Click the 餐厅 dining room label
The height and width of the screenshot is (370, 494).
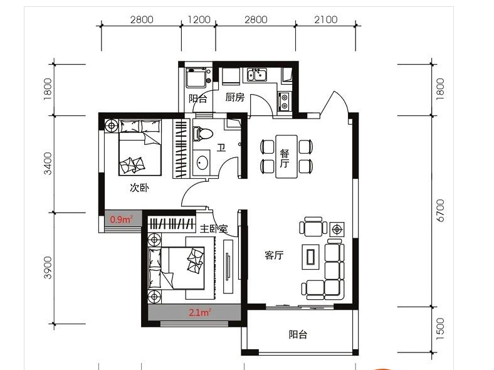click(x=285, y=159)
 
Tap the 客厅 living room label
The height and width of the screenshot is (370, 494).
click(x=274, y=255)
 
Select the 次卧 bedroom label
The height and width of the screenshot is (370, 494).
click(x=139, y=188)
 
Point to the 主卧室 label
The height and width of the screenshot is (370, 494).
click(x=214, y=228)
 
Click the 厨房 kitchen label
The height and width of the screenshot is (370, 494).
click(x=235, y=97)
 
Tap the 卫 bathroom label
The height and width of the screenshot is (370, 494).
click(x=221, y=147)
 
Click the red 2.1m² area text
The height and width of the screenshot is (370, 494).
click(x=200, y=312)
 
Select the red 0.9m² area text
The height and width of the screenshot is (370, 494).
click(x=121, y=219)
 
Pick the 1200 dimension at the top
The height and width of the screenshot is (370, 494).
click(x=199, y=19)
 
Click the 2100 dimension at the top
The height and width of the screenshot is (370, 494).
click(x=326, y=19)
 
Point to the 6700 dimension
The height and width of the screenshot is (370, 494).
click(x=440, y=211)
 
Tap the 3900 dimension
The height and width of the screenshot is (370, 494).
click(x=47, y=268)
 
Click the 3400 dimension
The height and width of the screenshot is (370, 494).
click(x=47, y=163)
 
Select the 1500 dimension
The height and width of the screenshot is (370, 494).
click(x=440, y=329)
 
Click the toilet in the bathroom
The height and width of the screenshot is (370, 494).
click(x=202, y=134)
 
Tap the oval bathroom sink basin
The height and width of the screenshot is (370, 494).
click(x=202, y=162)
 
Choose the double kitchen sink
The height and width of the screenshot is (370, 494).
click(x=257, y=75)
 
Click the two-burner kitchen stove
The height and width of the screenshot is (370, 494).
click(x=285, y=101)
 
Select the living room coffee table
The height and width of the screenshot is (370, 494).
click(x=311, y=257)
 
